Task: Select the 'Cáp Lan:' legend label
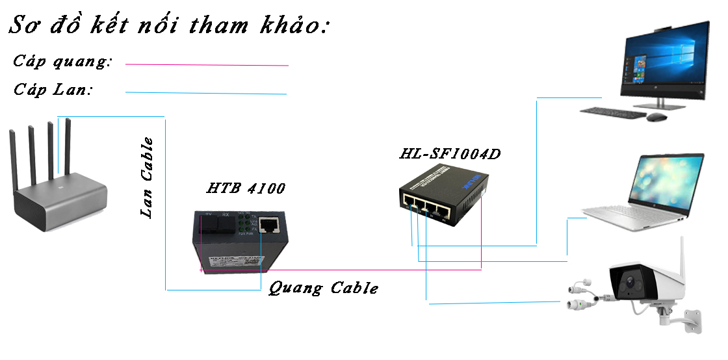tap(54, 90)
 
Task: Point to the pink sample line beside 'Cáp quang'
tap(207, 65)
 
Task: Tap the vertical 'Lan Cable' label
tap(148, 177)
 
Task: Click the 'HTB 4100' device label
tap(245, 189)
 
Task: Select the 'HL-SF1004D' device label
tap(450, 155)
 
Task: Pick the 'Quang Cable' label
tap(323, 288)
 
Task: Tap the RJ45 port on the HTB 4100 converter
tap(268, 226)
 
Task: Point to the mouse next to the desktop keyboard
tap(656, 117)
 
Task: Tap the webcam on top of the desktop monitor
tap(662, 29)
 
